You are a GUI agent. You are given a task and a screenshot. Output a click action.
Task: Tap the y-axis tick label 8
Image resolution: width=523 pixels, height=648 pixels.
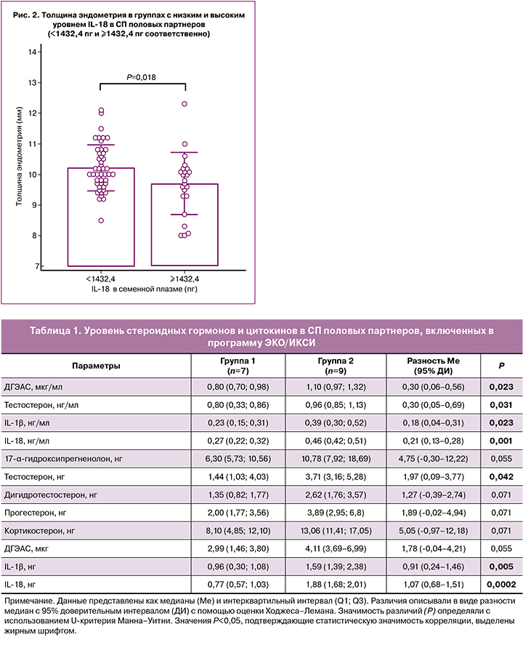point(33,236)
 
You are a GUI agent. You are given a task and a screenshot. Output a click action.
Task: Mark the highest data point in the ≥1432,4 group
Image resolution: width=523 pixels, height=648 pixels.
point(185,104)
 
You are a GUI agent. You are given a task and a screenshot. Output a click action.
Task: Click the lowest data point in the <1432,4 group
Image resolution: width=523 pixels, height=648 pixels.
point(102,220)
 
